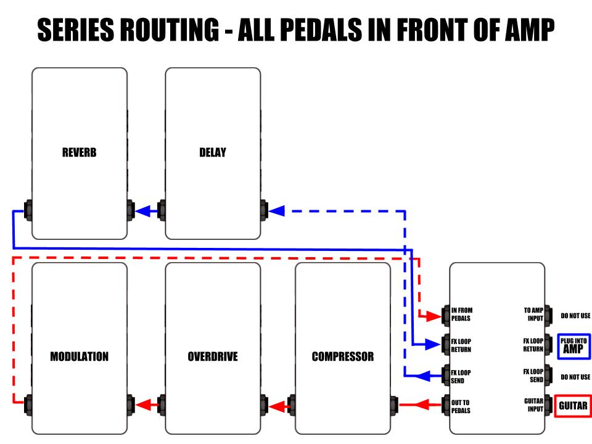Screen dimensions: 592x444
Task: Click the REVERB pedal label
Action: point(80,152)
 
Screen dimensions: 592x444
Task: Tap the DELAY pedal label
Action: point(213,152)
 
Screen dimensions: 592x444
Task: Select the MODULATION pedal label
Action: point(80,356)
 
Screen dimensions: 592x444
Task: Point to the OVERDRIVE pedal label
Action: point(213,356)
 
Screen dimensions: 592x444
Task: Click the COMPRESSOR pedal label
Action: point(343,356)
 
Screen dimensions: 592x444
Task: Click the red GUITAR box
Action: point(573,406)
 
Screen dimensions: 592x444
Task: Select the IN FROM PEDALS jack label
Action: point(462,314)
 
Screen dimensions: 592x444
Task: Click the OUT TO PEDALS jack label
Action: point(461,406)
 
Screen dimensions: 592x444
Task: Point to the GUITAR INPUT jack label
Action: point(533,405)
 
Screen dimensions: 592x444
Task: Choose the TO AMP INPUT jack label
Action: point(533,314)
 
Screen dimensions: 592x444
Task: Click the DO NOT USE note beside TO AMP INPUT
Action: point(575,316)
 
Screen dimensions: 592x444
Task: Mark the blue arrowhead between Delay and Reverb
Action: point(143,211)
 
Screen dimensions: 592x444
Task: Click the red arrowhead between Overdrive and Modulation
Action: point(143,406)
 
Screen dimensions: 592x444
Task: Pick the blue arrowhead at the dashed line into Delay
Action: point(276,211)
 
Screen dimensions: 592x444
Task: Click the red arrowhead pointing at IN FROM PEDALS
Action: point(434,316)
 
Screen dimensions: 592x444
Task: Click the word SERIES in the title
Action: point(75,30)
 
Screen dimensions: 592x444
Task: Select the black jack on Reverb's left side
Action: point(28,210)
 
